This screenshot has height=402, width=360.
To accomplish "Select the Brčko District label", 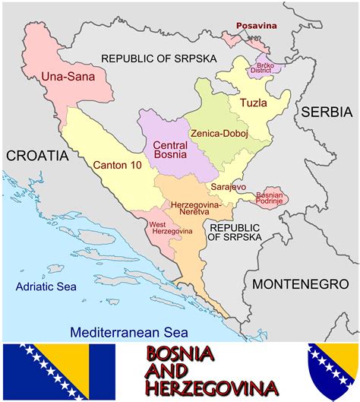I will [266, 69].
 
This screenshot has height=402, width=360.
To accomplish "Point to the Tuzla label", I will [254, 103].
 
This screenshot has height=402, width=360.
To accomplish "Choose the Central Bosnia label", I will [171, 150].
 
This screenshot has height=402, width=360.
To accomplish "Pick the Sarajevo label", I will [228, 186].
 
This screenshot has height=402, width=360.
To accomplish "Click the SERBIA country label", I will [327, 112].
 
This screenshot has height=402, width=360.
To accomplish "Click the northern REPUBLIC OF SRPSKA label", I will [159, 59].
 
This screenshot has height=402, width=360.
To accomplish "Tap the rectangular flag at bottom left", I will [58, 372].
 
